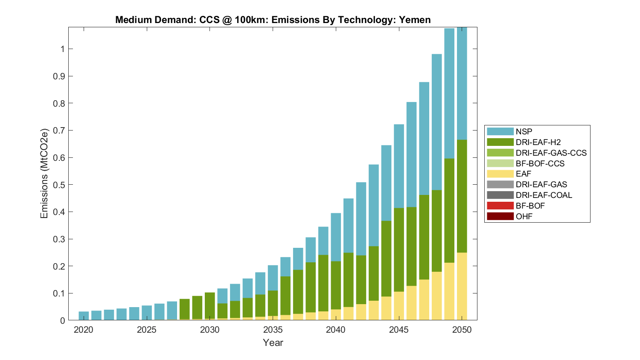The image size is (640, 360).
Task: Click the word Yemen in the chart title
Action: tap(414, 20)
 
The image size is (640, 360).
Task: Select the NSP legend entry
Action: tap(524, 132)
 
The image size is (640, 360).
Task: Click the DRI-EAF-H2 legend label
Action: tap(538, 142)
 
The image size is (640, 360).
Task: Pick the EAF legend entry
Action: tap(523, 174)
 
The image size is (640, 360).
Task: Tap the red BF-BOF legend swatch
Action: tap(500, 206)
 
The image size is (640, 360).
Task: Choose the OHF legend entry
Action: tap(524, 217)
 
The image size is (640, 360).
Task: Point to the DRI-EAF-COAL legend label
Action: tap(544, 195)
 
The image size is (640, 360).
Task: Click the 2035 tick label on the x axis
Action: tap(273, 330)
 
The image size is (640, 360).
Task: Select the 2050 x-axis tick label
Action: tap(462, 330)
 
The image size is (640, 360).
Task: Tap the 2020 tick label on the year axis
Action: tap(84, 330)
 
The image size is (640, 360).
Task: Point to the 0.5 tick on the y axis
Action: tap(59, 185)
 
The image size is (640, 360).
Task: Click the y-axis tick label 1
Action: tap(62, 49)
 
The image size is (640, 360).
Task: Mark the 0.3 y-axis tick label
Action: tap(59, 239)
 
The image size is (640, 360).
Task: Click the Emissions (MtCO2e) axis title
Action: tap(44, 173)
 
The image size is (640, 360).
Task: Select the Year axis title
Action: tap(273, 343)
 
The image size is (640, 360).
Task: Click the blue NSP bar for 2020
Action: tap(84, 316)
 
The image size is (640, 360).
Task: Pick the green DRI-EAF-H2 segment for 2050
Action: tap(462, 196)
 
